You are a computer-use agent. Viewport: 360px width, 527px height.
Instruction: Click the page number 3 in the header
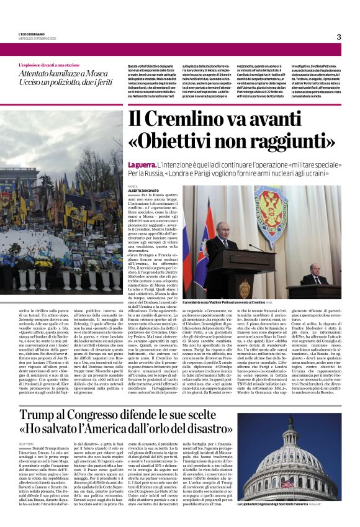338,37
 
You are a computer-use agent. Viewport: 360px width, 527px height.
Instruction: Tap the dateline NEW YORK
27,444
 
